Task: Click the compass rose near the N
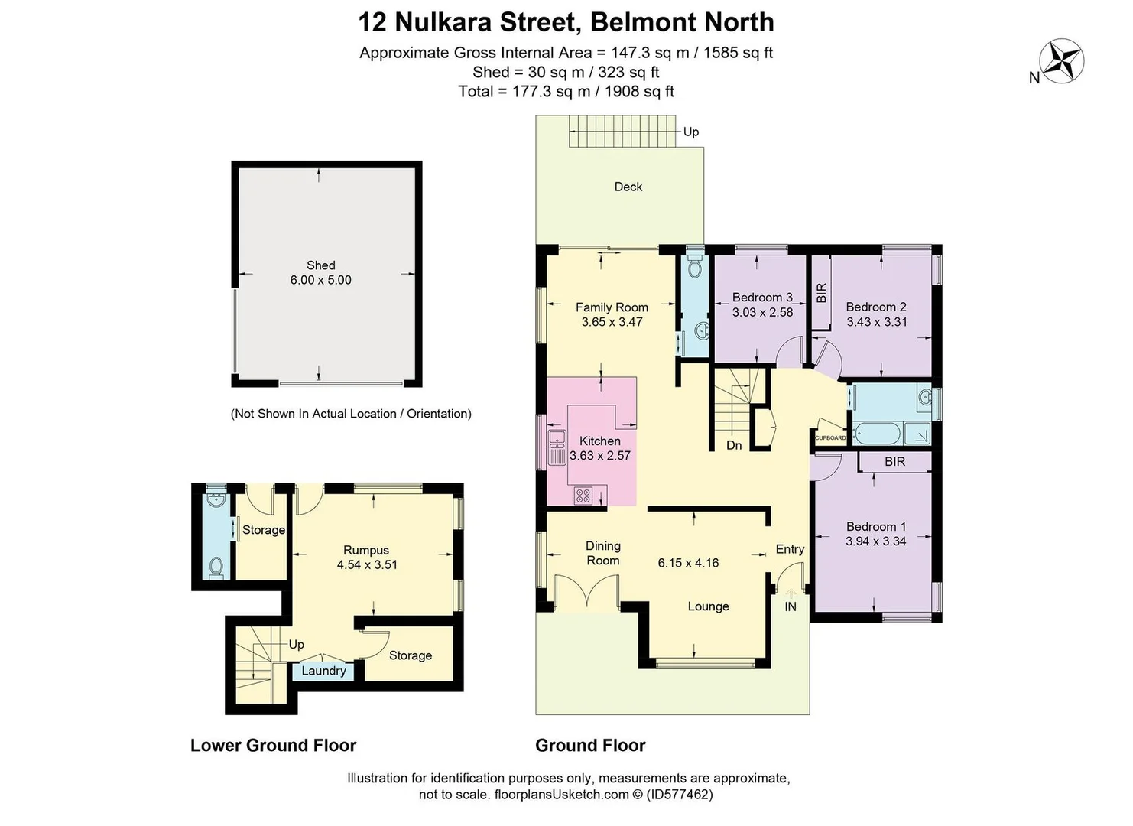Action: pos(1063,61)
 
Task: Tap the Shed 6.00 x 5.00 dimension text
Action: pos(320,280)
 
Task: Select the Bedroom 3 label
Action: pos(761,298)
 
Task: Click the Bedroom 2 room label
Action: pos(876,307)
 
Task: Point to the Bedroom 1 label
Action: pos(876,527)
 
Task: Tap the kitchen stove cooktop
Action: pos(583,496)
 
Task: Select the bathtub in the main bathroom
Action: pos(877,434)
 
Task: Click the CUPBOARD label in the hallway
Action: pos(830,438)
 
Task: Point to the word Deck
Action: pos(628,187)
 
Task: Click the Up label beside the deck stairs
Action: pos(691,132)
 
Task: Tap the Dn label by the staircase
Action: pos(734,445)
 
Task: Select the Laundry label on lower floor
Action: pos(323,671)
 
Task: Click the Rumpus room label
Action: pos(366,551)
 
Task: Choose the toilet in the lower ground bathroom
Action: pos(216,568)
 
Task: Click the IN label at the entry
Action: pos(791,606)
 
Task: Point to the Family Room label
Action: pos(612,307)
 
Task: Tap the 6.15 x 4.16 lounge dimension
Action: pos(688,563)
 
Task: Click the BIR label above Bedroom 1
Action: pos(894,462)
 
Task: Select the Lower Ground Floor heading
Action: pos(274,745)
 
